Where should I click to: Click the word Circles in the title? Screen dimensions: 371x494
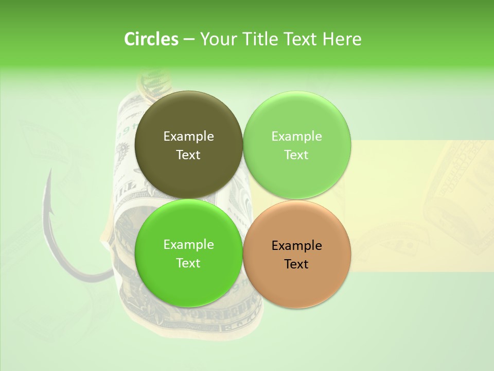(x=151, y=39)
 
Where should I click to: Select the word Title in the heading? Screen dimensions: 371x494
(x=260, y=39)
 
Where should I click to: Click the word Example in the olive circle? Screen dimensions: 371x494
(x=189, y=136)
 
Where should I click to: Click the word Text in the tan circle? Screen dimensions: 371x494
(x=296, y=264)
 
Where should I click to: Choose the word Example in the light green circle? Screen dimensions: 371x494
(x=297, y=136)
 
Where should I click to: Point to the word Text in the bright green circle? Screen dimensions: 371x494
(x=188, y=263)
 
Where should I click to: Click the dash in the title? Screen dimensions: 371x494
(x=189, y=39)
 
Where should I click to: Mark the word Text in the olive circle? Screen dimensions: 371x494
(x=188, y=155)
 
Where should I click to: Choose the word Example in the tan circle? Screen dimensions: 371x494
(x=297, y=245)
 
